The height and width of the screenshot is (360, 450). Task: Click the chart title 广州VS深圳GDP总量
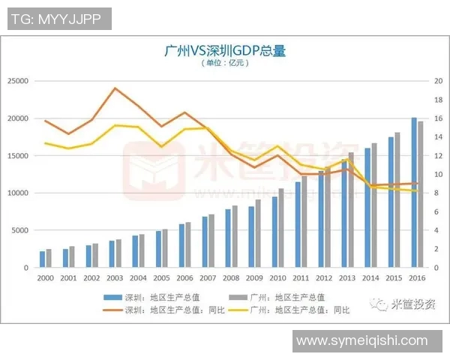225,51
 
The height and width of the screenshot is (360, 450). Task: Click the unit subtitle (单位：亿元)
224,64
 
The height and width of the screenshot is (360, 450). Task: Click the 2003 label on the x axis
115,277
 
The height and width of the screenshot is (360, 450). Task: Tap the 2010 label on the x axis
278,277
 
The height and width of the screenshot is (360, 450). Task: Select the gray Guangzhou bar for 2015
397,199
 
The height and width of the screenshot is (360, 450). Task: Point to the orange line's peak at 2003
115,88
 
